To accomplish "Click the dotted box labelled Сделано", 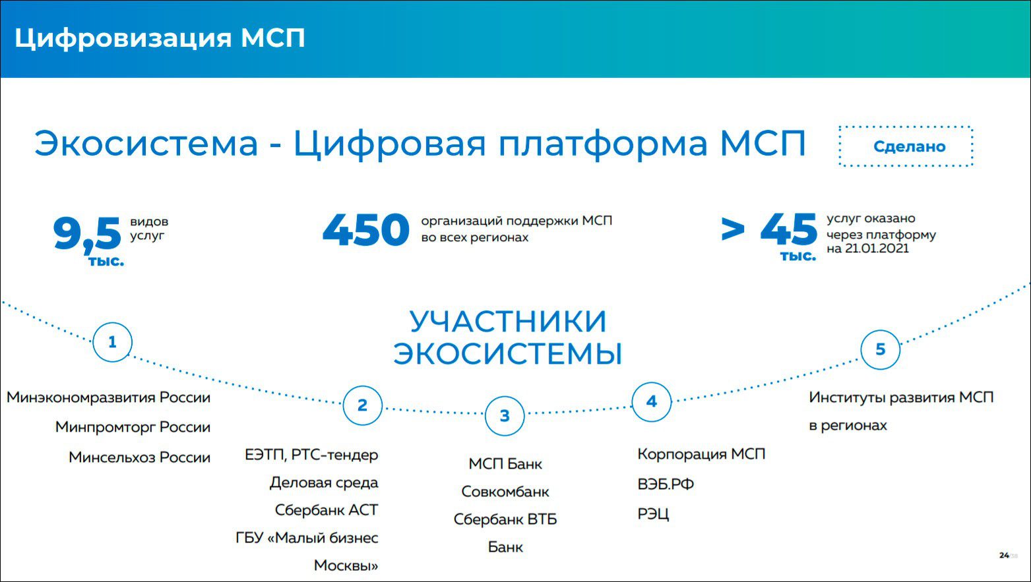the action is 906,126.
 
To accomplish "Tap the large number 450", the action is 366,229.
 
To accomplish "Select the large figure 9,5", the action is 87,234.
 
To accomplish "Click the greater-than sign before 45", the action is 733,229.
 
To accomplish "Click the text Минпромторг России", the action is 133,427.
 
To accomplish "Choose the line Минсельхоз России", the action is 139,457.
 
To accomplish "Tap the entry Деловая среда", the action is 324,482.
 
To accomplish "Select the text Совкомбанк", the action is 505,492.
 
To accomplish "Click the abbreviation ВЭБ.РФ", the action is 666,484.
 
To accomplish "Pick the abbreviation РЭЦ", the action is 653,514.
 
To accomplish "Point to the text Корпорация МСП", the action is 701,455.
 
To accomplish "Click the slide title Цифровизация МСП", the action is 160,38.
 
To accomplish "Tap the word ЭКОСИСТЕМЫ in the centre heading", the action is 508,353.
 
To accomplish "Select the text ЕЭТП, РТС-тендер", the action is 311,455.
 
